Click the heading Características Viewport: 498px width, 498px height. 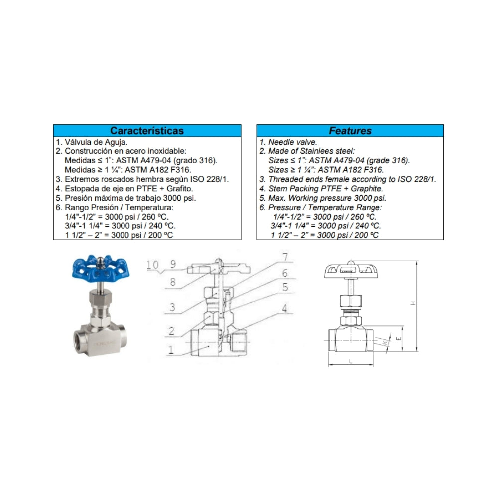point(147,131)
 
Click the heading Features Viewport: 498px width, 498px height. point(350,131)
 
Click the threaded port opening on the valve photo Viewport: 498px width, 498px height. point(81,342)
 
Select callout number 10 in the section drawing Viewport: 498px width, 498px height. point(152,264)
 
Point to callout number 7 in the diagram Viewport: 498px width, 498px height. point(285,256)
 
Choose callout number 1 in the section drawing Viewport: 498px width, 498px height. point(171,350)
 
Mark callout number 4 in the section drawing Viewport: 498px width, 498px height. point(284,308)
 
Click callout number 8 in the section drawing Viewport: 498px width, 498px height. point(173,282)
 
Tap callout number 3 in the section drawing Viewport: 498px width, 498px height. point(172,307)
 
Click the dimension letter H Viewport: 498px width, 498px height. point(413,303)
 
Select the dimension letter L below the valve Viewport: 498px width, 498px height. point(351,361)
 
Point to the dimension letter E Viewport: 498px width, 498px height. point(399,338)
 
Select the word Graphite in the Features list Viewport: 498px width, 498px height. point(367,188)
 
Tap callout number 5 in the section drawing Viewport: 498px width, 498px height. point(285,287)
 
